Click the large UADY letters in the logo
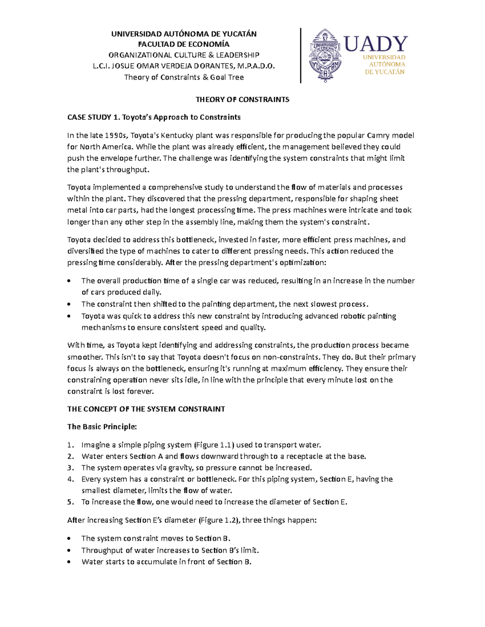coord(375,44)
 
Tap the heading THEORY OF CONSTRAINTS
coord(242,99)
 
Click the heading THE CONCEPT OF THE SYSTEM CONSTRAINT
coord(146,409)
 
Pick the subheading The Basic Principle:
coord(102,427)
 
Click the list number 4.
coord(71,479)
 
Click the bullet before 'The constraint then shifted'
coord(70,304)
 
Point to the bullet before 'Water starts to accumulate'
coord(70,562)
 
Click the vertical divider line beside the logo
coord(301,56)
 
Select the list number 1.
coord(71,445)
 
